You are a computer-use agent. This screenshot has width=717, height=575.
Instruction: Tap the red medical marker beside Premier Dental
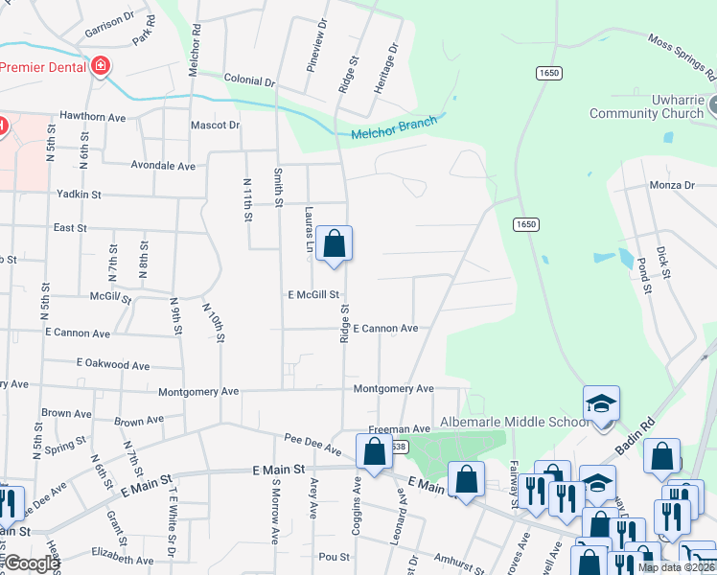pyautogui.click(x=100, y=66)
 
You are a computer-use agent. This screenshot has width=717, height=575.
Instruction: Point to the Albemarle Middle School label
pyautogui.click(x=514, y=422)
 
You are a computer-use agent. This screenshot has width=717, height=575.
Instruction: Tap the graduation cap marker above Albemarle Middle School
pyautogui.click(x=601, y=402)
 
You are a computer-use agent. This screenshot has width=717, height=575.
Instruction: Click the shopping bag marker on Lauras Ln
pyautogui.click(x=335, y=243)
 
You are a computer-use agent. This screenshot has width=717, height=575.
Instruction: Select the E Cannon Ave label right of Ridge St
pyautogui.click(x=385, y=328)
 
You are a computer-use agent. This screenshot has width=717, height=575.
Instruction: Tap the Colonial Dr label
pyautogui.click(x=249, y=80)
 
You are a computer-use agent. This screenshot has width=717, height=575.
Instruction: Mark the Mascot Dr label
pyautogui.click(x=215, y=126)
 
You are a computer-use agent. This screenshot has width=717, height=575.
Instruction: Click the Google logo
pyautogui.click(x=32, y=564)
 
